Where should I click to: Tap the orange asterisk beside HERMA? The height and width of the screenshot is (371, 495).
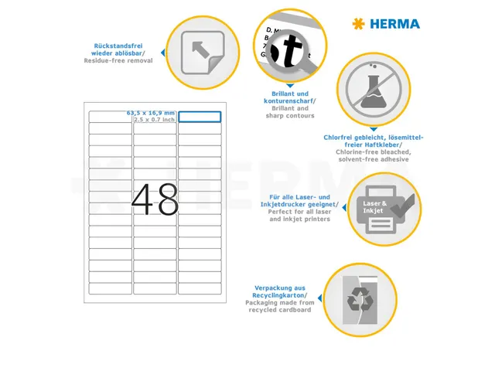[x=357, y=24]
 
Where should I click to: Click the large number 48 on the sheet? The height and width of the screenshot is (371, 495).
[x=155, y=199]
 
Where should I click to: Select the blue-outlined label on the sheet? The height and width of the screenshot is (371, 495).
[x=200, y=117]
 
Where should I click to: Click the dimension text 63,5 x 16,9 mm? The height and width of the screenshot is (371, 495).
[x=152, y=113]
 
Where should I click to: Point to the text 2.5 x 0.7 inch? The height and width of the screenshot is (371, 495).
[x=154, y=120]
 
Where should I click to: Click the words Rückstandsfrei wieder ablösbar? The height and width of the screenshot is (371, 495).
[x=124, y=49]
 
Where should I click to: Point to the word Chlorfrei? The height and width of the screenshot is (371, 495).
[x=340, y=137]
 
